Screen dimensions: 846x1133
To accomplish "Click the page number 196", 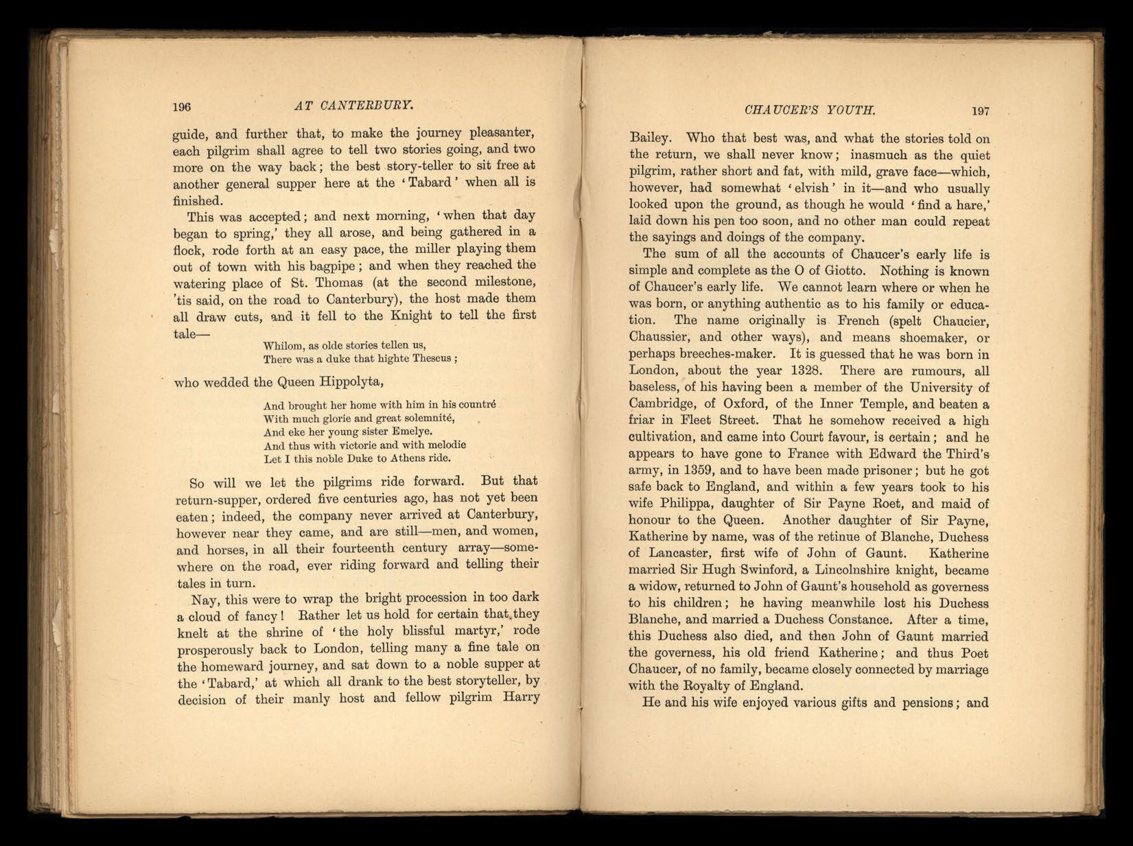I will [x=181, y=107].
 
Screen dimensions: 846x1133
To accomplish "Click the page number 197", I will [x=981, y=111].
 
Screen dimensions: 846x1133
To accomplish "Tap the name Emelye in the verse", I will [x=410, y=432].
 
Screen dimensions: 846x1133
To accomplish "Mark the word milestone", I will [x=502, y=282].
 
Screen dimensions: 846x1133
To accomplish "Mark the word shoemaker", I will [x=924, y=337].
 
